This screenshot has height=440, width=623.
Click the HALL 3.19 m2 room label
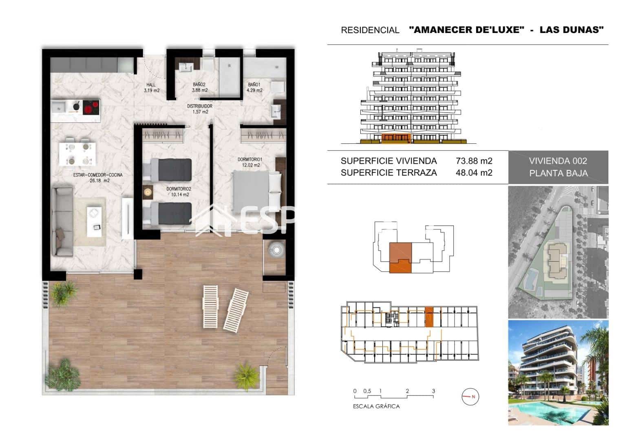coord(151,88)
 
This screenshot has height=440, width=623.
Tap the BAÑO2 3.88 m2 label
coord(200,88)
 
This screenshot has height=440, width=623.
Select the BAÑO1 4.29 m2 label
coord(255,88)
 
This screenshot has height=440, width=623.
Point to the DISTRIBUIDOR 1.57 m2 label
coord(200,109)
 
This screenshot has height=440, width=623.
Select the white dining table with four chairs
coord(78,154)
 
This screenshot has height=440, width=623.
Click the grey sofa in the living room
coord(62,220)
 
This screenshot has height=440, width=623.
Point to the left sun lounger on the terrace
coord(210,306)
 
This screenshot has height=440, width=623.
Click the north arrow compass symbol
coord(470,396)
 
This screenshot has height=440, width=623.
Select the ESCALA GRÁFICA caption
coord(376,406)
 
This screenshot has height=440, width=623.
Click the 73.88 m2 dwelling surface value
coord(474,161)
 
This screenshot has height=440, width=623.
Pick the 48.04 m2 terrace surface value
coord(474,173)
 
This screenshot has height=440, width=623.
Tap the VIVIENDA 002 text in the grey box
coord(558,161)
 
